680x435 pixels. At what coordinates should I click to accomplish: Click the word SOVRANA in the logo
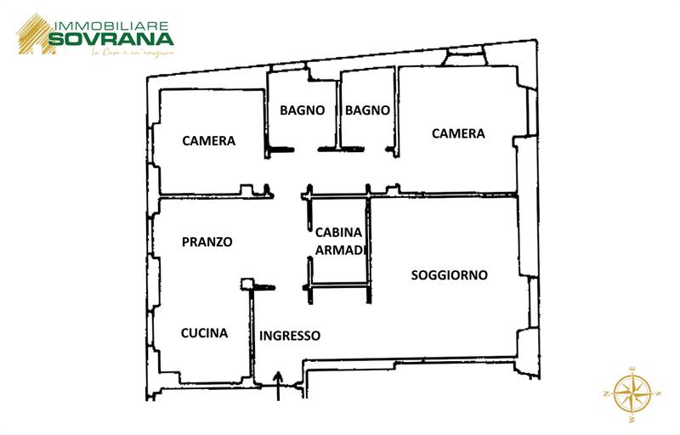pos(110,38)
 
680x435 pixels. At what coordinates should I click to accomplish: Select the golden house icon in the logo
pos(32,34)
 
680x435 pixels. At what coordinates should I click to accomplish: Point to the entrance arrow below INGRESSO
pos(279,385)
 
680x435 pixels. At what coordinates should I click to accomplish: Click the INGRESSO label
pos(290,336)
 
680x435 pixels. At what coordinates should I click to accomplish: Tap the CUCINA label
pos(204,333)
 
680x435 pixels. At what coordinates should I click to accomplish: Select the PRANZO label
pos(207,242)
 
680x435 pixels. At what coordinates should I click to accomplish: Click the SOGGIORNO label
pos(449,275)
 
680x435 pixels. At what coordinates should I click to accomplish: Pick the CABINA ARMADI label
pos(340,241)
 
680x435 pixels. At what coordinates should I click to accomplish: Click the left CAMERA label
pos(208,141)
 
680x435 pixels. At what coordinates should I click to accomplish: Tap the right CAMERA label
pos(458,133)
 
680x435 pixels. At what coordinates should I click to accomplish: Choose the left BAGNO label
pos(303,110)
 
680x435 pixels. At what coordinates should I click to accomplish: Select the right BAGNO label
pos(368,110)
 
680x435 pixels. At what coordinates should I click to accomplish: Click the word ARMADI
pos(340,250)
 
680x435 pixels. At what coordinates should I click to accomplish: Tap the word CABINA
pos(338,233)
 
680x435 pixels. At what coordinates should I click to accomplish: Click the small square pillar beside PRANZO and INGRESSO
pos(247,284)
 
